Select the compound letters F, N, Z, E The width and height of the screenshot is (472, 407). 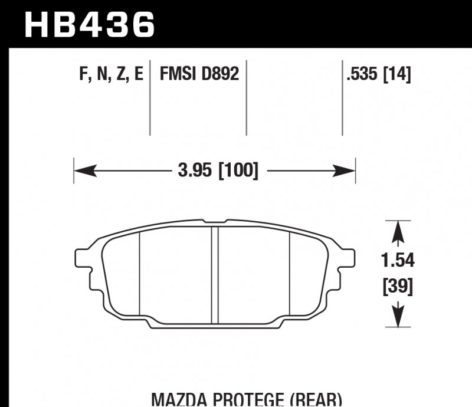coord(111,75)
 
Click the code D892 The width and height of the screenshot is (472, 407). coord(220,75)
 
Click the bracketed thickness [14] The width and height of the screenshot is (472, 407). coord(398,75)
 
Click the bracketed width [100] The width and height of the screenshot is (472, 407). coord(238,172)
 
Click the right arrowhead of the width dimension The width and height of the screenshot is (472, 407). coord(345,172)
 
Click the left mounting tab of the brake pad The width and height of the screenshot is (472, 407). coord(83,258)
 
